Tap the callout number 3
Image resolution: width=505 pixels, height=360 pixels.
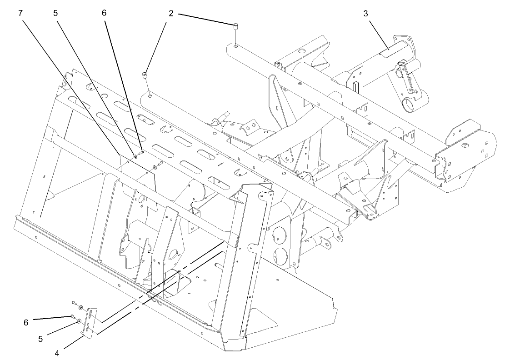click(365, 13)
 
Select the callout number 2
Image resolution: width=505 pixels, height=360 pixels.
click(171, 13)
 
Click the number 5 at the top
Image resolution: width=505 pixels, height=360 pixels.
click(55, 13)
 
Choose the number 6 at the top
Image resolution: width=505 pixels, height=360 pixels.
click(104, 13)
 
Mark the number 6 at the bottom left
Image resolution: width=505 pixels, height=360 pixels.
click(26, 322)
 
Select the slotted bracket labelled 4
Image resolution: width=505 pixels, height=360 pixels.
click(91, 323)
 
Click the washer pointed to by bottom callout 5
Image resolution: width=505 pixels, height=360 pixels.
click(79, 321)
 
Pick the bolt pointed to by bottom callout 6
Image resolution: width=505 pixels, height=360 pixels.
click(72, 316)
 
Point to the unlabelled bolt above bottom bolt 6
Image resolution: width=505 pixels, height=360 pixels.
click(73, 302)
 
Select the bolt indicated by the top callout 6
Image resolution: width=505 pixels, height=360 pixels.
click(141, 153)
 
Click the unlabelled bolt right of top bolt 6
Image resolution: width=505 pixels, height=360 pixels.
click(160, 164)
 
